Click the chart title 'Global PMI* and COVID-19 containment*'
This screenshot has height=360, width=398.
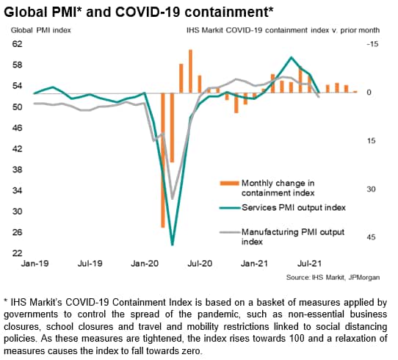(x=139, y=12)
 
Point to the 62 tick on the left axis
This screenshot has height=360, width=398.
(x=18, y=44)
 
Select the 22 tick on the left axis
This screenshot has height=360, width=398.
(x=18, y=253)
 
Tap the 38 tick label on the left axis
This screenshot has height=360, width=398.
(x=18, y=169)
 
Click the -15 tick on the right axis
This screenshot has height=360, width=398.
(x=372, y=44)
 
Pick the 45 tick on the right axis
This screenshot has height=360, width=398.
(x=371, y=237)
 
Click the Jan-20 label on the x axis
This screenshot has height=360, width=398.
(x=145, y=264)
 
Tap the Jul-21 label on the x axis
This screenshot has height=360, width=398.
(x=309, y=264)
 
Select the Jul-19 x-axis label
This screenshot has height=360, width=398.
(x=90, y=264)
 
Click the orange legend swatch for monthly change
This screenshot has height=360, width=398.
(x=229, y=183)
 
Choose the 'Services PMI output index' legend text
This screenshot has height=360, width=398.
(x=294, y=207)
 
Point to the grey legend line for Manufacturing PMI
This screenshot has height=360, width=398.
(x=229, y=232)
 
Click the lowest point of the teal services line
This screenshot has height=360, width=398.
(x=173, y=245)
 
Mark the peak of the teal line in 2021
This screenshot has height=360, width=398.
(x=292, y=57)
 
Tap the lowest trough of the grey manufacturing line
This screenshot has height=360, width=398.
(x=173, y=199)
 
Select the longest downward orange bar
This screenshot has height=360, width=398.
(x=163, y=160)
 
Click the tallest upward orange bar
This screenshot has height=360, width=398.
(x=190, y=71)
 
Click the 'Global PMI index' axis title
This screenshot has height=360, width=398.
(x=41, y=30)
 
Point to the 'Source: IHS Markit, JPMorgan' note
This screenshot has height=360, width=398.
(x=333, y=277)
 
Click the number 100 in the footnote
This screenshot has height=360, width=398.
(x=297, y=339)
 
